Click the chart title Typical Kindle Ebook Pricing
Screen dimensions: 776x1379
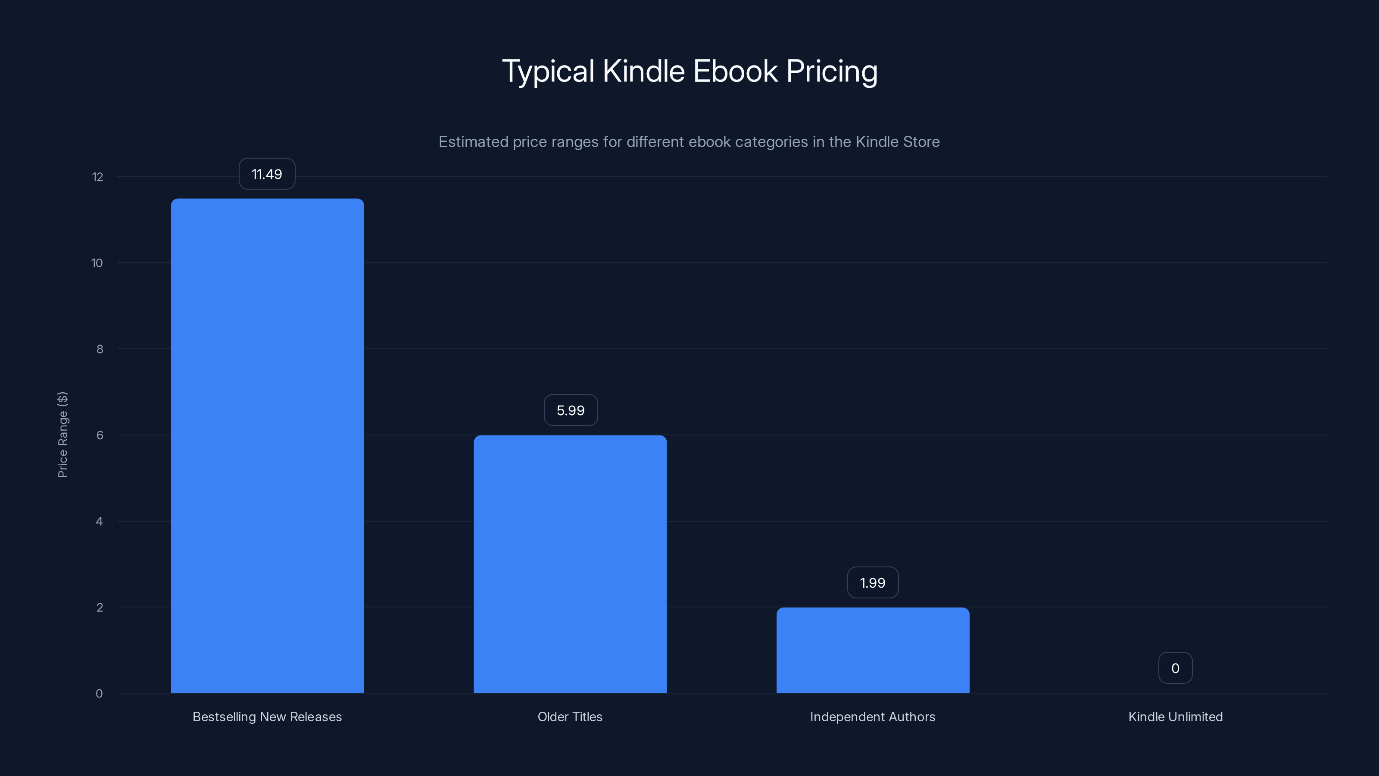point(689,71)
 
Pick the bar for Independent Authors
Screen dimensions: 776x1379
point(873,650)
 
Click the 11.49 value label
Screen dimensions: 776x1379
point(267,174)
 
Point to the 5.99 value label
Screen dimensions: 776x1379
point(571,410)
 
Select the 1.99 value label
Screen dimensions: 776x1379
point(873,583)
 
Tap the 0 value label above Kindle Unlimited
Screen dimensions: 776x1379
point(1175,668)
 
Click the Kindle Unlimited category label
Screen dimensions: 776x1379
point(1175,717)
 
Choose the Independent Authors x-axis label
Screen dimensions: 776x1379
point(873,717)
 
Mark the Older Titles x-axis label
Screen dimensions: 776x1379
point(570,717)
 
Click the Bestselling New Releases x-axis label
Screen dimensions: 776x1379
point(267,717)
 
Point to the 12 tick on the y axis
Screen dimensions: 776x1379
point(97,177)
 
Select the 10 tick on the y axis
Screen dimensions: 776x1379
point(97,263)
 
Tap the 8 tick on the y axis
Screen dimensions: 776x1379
point(100,349)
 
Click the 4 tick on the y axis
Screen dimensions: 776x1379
point(99,521)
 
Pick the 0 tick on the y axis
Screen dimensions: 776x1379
point(99,694)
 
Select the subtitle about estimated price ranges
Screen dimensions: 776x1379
point(689,141)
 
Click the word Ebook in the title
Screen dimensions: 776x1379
point(735,71)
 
